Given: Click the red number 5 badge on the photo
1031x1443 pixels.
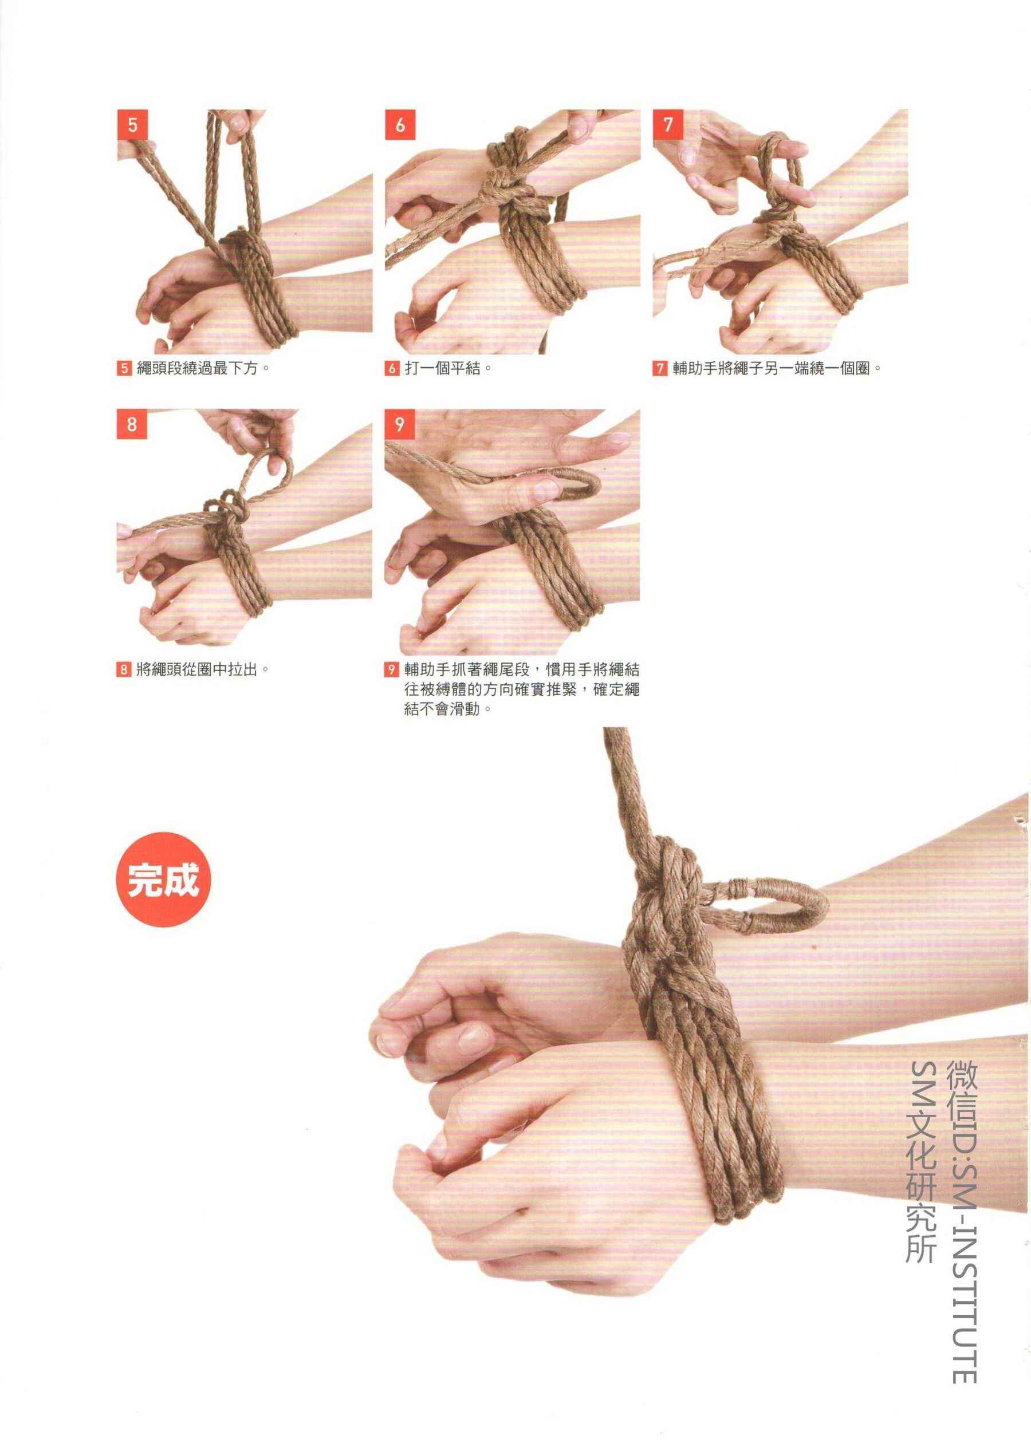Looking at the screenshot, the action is point(132,124).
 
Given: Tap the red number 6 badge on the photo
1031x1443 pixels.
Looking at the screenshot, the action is point(400,124).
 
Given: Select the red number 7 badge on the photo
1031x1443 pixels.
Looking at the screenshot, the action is point(668,124).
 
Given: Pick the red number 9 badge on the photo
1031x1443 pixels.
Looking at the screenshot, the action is point(400,424).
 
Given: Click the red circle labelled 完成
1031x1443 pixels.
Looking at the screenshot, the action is point(163,880).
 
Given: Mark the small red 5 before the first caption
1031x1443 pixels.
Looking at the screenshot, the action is point(123,369).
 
